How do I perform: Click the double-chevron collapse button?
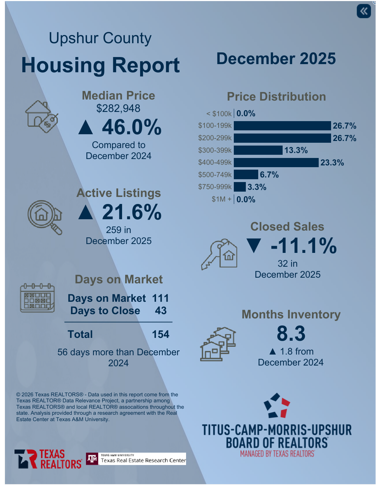coord(364,11)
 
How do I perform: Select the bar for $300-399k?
coord(258,150)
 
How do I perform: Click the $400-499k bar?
coord(276,163)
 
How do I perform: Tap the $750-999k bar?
coord(240,187)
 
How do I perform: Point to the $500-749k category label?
coord(215,175)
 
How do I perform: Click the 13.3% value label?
coord(296,150)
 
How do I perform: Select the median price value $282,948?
coord(118,108)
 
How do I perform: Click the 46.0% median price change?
coord(132,127)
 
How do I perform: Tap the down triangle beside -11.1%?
coord(254,246)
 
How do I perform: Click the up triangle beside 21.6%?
coord(86,213)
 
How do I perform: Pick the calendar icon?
coord(37,298)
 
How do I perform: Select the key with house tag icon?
coord(219,254)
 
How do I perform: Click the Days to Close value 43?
coord(161,311)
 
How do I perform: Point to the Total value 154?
coord(161,334)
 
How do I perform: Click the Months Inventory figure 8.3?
coord(291,334)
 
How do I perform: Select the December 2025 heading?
coord(276,59)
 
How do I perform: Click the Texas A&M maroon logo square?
coord(92,459)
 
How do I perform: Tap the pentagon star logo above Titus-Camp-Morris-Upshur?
coord(277,406)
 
